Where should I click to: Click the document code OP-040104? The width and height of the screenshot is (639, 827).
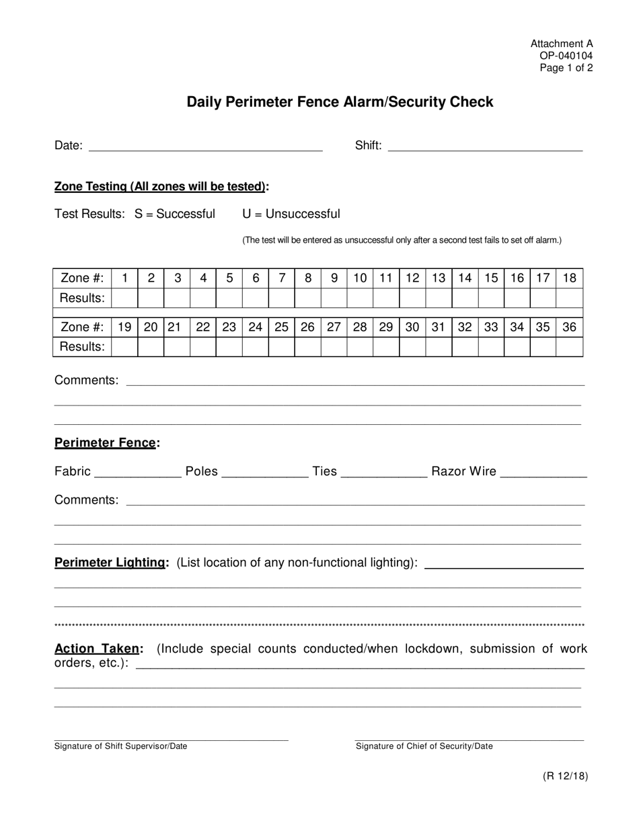pos(566,56)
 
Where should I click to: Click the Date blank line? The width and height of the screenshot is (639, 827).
pos(206,146)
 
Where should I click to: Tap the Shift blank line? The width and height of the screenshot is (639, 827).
pos(485,146)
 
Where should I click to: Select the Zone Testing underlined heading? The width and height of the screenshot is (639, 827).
pos(160,186)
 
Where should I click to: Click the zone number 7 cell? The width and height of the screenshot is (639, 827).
pos(282,278)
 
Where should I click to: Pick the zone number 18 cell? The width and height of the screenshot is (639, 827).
pos(570,278)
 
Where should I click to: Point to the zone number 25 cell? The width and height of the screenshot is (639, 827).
pos(282,327)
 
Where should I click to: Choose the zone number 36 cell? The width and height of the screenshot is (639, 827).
pos(570,327)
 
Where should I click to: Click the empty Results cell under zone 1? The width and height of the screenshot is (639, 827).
pos(124,297)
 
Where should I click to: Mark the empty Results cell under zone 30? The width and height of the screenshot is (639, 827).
pos(412,346)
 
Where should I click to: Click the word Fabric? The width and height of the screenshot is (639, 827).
pos(72,471)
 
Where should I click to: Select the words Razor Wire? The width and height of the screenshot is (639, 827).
pos(464,471)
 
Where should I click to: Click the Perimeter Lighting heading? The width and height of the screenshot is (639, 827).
pos(111,562)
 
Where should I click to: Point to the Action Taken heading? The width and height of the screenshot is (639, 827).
pos(98,649)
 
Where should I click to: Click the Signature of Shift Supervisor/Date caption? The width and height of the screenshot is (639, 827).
pos(121,746)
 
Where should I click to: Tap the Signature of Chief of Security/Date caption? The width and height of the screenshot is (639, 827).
pos(424,746)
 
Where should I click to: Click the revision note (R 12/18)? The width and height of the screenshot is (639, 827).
pos(566,776)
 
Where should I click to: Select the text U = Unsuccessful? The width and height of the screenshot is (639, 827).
pos(291,214)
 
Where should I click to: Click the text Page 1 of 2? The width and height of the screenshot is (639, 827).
pos(566,67)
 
